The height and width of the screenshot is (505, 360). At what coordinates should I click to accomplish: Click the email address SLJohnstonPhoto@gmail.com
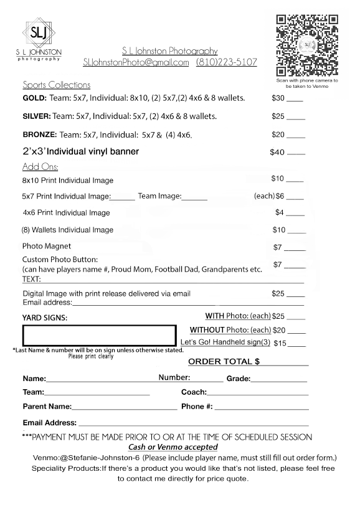coord(136,62)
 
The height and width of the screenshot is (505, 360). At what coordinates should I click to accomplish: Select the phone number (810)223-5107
coord(226,62)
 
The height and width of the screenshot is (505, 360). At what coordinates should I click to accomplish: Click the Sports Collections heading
coord(56,85)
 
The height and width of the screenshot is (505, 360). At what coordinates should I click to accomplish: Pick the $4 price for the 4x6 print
coord(280,212)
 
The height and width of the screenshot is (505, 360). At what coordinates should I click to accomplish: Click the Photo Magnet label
coord(47,247)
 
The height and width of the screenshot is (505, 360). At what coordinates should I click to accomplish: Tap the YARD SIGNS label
coord(44,318)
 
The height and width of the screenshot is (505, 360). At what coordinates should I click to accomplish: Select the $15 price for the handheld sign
coord(280,342)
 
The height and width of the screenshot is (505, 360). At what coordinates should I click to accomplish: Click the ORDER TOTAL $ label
coord(224,362)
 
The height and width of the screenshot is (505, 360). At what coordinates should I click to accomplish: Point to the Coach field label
coord(194,392)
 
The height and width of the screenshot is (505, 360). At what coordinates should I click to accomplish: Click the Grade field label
coord(238,379)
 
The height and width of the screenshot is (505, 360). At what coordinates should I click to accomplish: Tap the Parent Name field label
coord(47,407)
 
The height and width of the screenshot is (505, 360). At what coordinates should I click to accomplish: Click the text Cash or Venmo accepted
coord(173,447)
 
